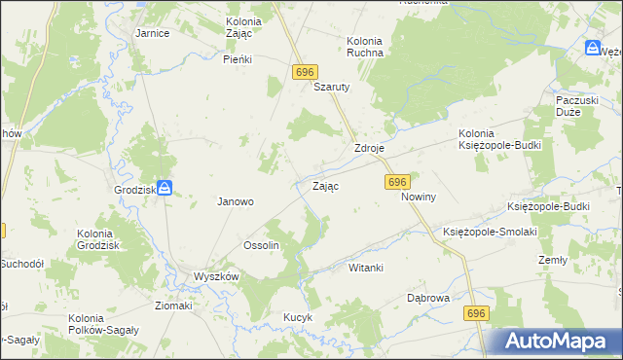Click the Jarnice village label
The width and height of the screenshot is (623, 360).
pyautogui.click(x=153, y=33)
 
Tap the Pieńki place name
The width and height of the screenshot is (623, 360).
pyautogui.click(x=238, y=59)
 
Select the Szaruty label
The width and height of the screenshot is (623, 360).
pyautogui.click(x=331, y=86)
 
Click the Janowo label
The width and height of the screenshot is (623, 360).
pyautogui.click(x=235, y=202)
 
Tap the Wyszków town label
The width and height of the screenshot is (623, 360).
pyautogui.click(x=216, y=276)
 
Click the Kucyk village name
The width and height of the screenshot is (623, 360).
pyautogui.click(x=297, y=317)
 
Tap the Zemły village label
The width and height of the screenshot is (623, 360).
pyautogui.click(x=553, y=261)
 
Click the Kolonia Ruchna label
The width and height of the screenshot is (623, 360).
pyautogui.click(x=365, y=47)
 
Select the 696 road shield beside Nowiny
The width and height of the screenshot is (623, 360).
pyautogui.click(x=396, y=182)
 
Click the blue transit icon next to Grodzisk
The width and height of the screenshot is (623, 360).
pyautogui.click(x=165, y=187)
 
